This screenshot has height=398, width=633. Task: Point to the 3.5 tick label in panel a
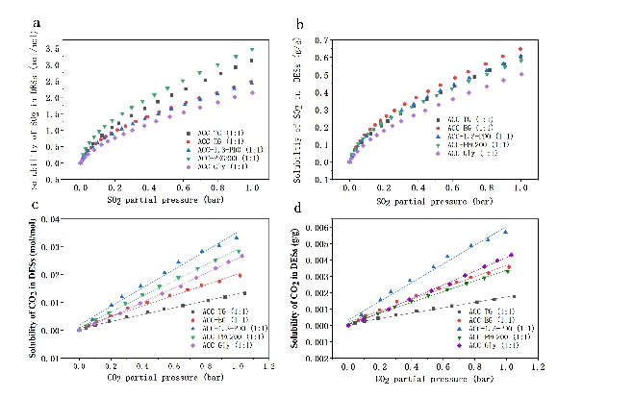point(55,47)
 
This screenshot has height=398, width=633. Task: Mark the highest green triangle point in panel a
point(252,49)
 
